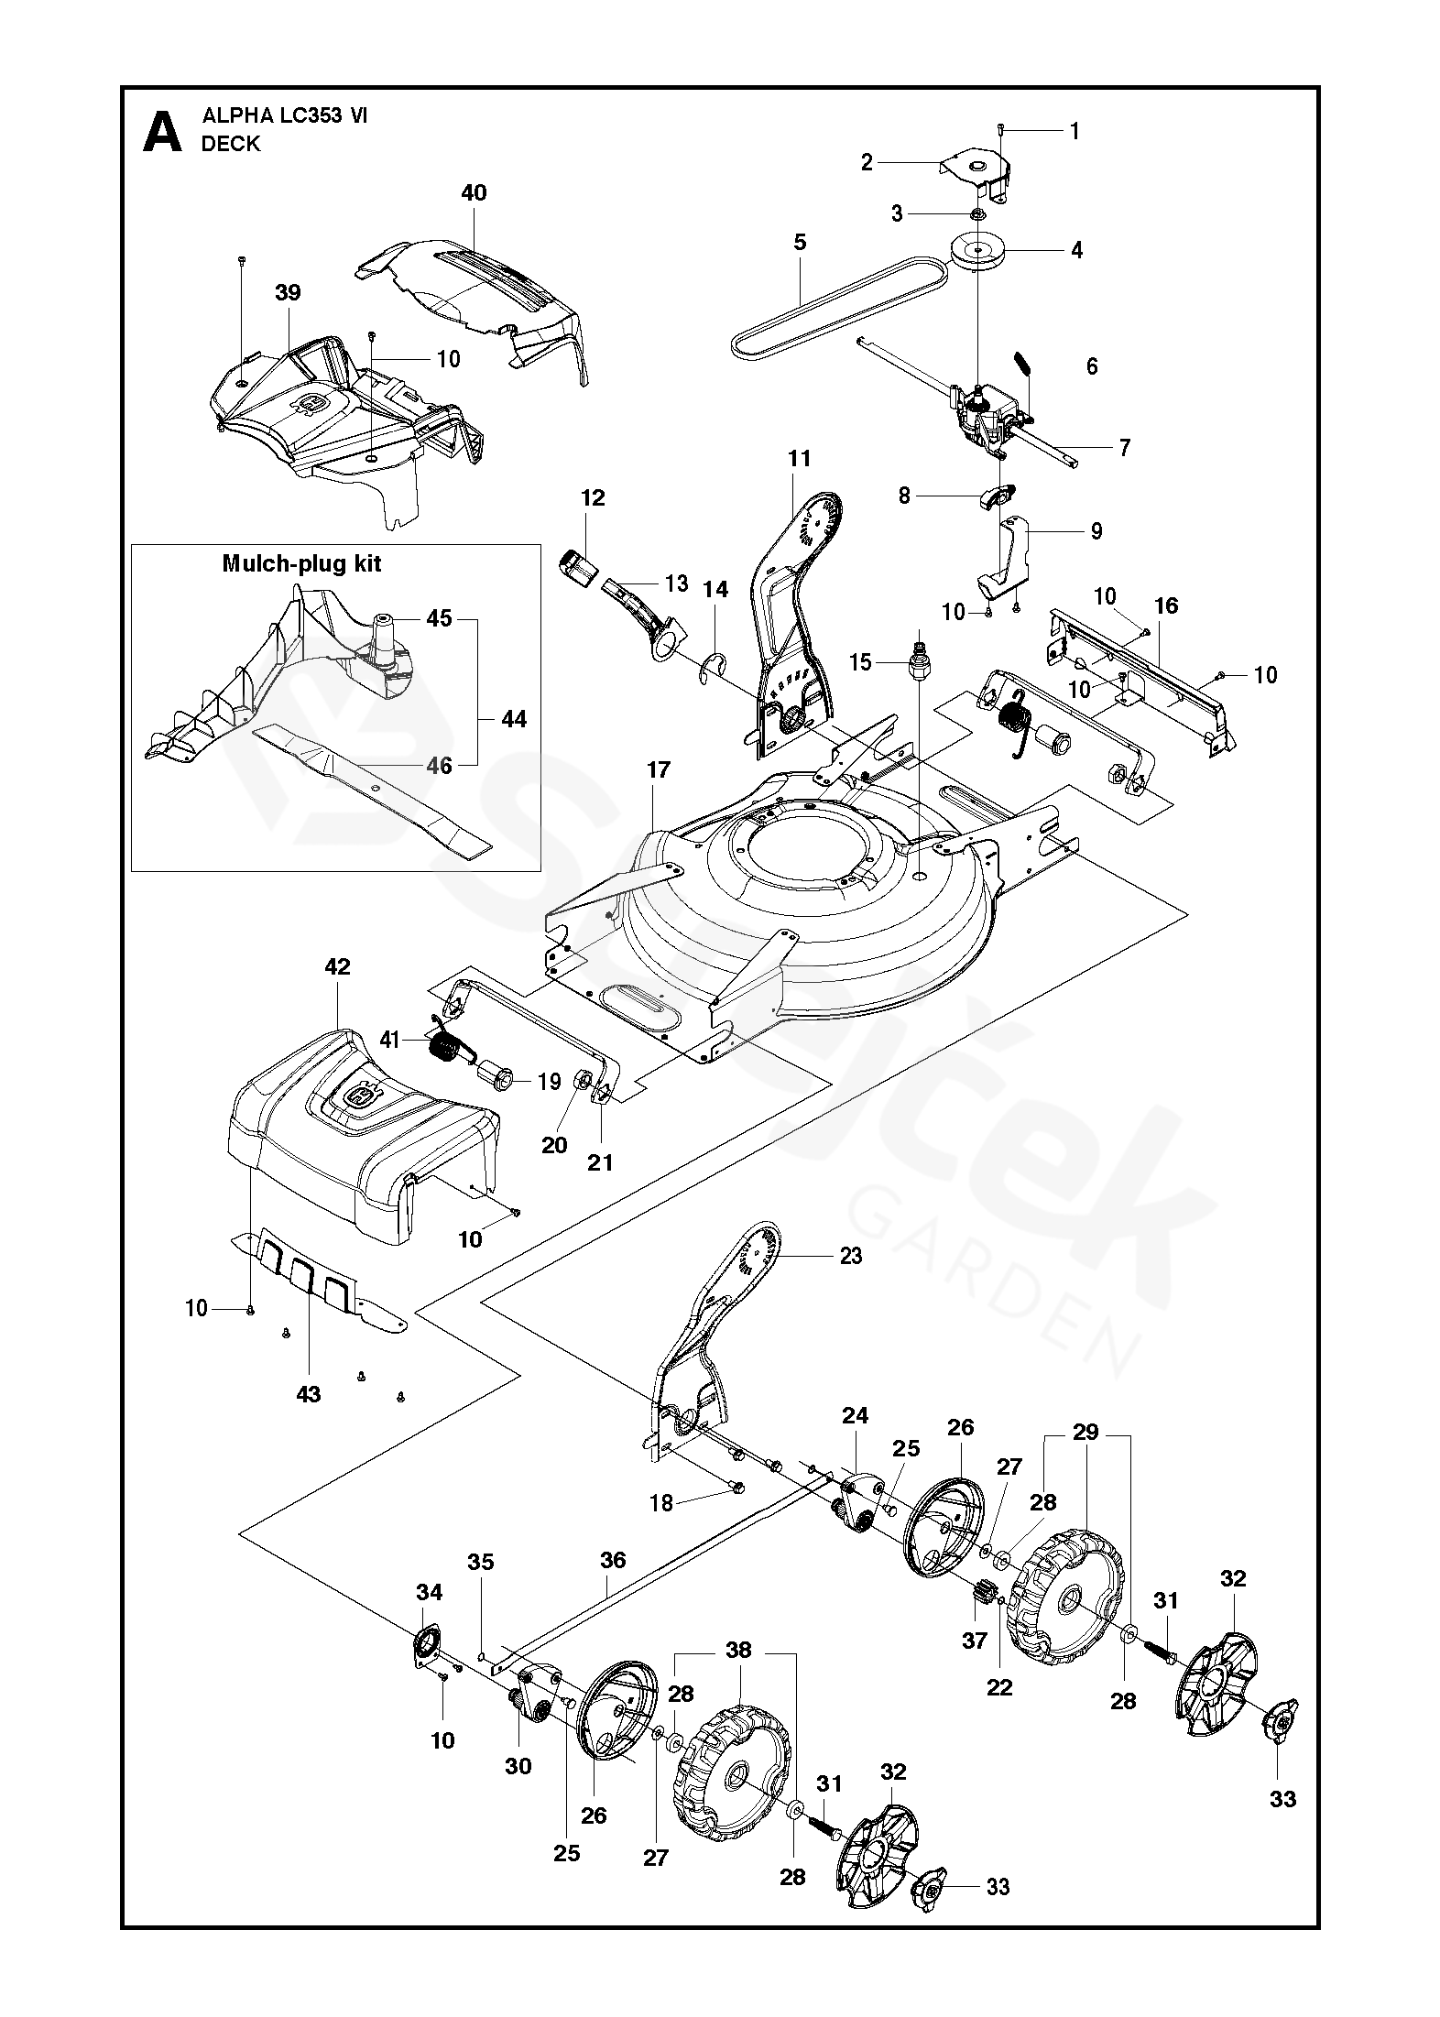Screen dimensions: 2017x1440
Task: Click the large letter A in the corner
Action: click(163, 132)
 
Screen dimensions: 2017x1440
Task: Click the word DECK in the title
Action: click(231, 144)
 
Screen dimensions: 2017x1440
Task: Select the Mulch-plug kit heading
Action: click(301, 563)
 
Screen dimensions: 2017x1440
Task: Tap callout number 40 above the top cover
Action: click(474, 193)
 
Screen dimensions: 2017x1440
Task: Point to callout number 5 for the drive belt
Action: click(800, 242)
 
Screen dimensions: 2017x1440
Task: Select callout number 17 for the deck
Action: click(658, 770)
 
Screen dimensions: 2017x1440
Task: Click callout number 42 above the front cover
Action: click(337, 967)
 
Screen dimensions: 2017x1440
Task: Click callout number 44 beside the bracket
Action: click(514, 719)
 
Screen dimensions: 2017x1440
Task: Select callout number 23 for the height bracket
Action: click(850, 1256)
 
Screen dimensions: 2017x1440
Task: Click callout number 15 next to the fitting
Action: click(859, 661)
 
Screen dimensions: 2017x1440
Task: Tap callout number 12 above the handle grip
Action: click(593, 498)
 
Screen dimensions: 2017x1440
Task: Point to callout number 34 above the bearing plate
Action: click(429, 1593)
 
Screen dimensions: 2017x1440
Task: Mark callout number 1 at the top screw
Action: click(1075, 132)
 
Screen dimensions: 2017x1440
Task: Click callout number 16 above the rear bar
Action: click(1166, 605)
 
